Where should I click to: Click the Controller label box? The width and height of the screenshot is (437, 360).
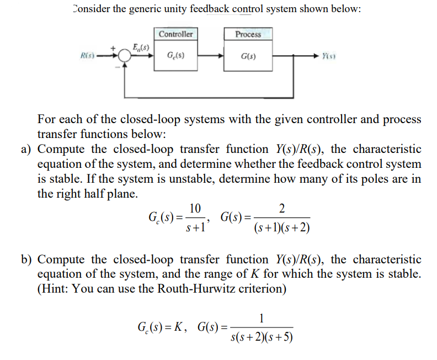(x=175, y=34)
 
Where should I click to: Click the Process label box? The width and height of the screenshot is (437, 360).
(x=248, y=34)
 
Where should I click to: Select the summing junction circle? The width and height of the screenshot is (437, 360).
(x=124, y=56)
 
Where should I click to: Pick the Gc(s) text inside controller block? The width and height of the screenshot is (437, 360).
(x=175, y=56)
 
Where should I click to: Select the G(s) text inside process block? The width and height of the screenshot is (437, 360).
(x=248, y=56)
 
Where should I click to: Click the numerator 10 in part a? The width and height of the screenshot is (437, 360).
(x=194, y=208)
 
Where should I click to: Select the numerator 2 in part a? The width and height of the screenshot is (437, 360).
(x=282, y=208)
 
